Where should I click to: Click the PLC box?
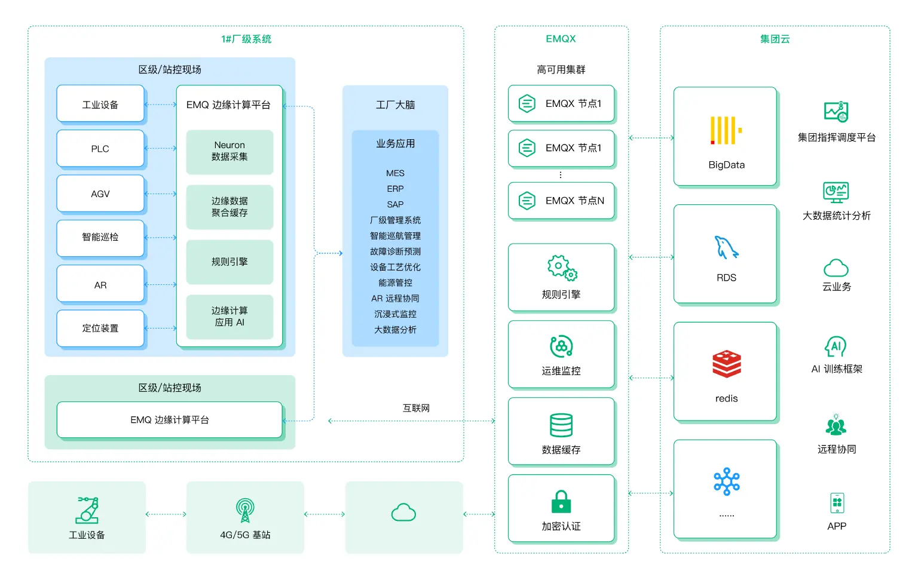coord(100,149)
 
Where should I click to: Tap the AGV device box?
coord(100,194)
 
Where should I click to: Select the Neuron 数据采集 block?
coord(229,151)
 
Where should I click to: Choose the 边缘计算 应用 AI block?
coord(229,317)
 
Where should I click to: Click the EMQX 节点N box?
coord(561,201)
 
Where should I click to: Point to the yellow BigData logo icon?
coord(726,130)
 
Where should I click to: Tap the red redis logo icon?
coord(726,364)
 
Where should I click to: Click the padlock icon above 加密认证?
coord(561,501)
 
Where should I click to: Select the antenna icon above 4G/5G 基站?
coord(245,510)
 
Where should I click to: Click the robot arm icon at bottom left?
coord(87,510)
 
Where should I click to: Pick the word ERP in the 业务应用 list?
coord(395,189)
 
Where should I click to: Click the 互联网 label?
coord(416,408)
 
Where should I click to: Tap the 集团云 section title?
coord(775,39)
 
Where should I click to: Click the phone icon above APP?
coord(837,503)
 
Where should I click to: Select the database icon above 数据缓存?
coord(561,425)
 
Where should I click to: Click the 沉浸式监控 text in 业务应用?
coord(395,314)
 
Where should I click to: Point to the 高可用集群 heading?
coord(561,70)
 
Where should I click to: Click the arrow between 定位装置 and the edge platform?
coord(161,328)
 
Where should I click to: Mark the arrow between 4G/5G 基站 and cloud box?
coord(325,514)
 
